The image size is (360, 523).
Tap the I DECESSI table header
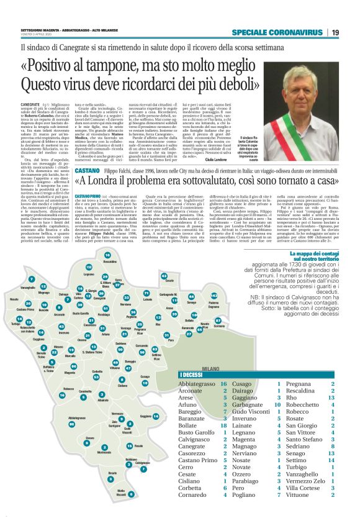point(194,375)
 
